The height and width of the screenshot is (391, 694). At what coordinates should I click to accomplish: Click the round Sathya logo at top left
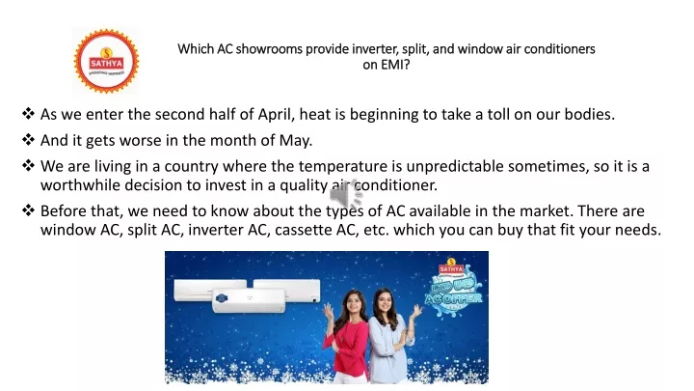coord(106,61)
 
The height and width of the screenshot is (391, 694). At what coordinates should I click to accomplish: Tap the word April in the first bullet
coord(276,115)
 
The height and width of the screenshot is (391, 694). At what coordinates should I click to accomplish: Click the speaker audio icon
coord(346,194)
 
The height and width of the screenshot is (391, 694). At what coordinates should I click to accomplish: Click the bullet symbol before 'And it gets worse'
coord(28,140)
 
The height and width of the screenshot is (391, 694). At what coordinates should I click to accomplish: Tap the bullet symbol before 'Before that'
coord(28,210)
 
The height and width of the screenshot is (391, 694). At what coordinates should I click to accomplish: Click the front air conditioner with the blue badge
coord(249,300)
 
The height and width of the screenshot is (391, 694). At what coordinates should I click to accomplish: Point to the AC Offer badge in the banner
coord(453,288)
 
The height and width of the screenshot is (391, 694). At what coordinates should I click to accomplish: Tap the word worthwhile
coord(80,185)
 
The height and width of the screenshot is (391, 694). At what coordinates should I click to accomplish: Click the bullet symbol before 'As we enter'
coord(28,114)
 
